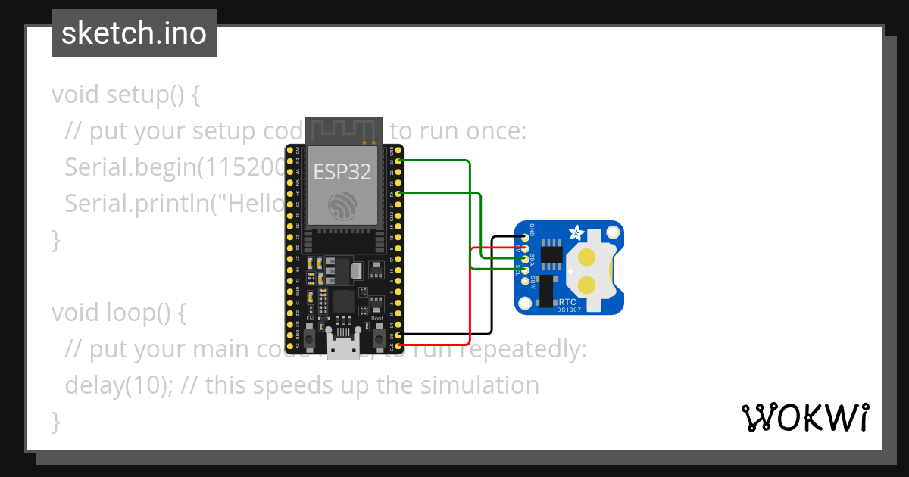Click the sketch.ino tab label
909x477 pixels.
[134, 33]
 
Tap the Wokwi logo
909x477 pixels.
[804, 417]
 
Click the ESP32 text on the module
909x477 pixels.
[343, 172]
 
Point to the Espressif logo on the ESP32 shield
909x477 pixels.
[342, 206]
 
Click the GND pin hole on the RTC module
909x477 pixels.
[523, 238]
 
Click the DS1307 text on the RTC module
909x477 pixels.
[569, 309]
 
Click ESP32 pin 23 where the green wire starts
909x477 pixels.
[398, 161]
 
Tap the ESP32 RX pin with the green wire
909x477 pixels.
[398, 194]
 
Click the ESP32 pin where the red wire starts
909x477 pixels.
[398, 345]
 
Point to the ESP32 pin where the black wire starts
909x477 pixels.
[398, 335]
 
